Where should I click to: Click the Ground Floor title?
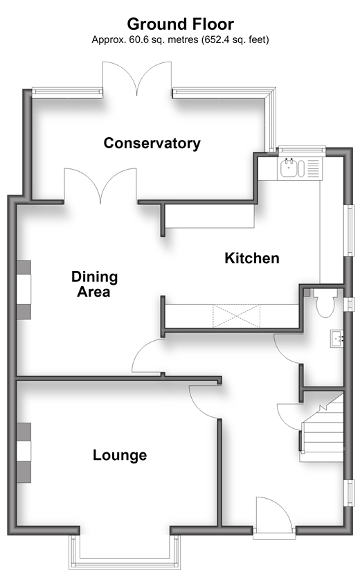pyautogui.click(x=180, y=24)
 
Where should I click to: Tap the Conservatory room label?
pyautogui.click(x=152, y=143)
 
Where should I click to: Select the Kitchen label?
pyautogui.click(x=252, y=258)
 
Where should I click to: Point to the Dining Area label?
pyautogui.click(x=94, y=284)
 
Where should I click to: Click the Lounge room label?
pyautogui.click(x=120, y=455)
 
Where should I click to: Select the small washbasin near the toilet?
pyautogui.click(x=337, y=339)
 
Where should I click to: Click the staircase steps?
pyautogui.click(x=322, y=429)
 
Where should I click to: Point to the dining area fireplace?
pyautogui.click(x=24, y=290)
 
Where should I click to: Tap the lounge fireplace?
pyautogui.click(x=24, y=452)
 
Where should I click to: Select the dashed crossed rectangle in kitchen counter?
pyautogui.click(x=237, y=316)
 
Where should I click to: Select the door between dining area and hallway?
pyautogui.click(x=147, y=355)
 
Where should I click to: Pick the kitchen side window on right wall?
pyautogui.click(x=351, y=230)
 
